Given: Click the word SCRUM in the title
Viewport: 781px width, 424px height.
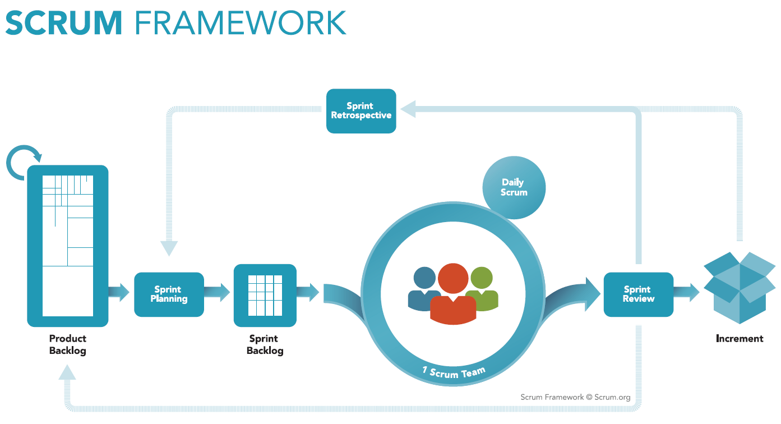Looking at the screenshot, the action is point(64,23).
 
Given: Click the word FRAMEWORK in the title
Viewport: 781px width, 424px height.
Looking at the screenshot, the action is point(241,23).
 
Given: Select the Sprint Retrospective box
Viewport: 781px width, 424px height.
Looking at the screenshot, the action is point(361,111).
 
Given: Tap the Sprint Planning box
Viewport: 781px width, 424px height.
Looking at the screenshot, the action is point(169,294).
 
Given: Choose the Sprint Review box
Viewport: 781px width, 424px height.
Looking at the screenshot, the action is point(639,294).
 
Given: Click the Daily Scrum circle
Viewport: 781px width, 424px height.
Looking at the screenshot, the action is point(514,187).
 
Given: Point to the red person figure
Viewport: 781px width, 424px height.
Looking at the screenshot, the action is point(453,293).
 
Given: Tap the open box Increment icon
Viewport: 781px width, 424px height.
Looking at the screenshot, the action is point(740,288).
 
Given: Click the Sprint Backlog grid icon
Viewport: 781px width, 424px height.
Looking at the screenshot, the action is point(265,296).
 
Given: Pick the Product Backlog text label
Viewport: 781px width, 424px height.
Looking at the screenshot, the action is point(68,344).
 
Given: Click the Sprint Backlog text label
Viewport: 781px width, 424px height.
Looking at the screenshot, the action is point(265,344).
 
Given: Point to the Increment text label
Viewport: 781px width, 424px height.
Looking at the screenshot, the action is point(740,339).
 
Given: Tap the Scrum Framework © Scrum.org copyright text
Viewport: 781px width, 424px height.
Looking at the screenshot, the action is point(575,397).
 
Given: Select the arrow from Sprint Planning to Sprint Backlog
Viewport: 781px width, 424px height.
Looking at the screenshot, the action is point(217,292).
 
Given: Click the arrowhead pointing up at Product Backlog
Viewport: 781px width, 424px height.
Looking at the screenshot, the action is point(67,372).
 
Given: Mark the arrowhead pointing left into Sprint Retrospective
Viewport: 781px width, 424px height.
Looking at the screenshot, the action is point(408,109).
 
